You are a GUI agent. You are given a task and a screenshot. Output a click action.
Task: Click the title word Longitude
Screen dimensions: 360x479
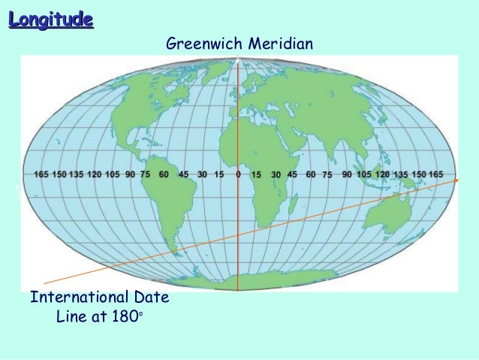tap(51, 19)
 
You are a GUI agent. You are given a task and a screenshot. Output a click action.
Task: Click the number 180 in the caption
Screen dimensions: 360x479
tap(125, 318)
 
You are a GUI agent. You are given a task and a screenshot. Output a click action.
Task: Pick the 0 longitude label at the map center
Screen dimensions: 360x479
tap(238, 174)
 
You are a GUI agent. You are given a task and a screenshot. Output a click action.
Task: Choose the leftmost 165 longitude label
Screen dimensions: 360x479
tap(42, 174)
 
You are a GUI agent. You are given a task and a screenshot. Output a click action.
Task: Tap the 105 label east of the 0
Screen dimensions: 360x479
tap(363, 174)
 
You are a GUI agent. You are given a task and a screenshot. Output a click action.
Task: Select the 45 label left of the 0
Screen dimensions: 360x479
tap(183, 174)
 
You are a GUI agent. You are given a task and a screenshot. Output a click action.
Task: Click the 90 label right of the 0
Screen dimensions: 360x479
tap(346, 174)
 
